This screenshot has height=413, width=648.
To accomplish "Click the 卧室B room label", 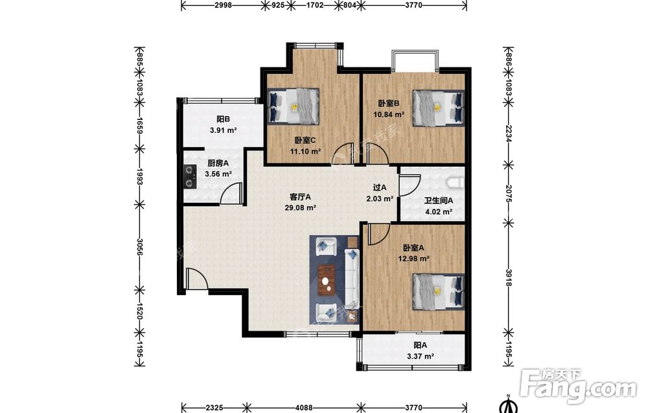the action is click(388, 103).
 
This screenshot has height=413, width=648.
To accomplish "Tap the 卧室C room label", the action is click(305, 141).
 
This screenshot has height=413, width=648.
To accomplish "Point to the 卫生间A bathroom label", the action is click(439, 201).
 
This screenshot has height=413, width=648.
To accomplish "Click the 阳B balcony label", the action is click(223, 119).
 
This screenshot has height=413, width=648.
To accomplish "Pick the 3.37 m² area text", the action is click(421, 356).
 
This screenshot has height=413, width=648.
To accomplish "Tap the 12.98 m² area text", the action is click(413, 259).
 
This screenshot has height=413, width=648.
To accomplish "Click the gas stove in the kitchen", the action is click(190, 176).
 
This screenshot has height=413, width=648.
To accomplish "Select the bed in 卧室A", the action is click(438, 292).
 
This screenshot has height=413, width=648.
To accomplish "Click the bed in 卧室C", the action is click(294, 106).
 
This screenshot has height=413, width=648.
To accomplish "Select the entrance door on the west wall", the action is click(196, 279).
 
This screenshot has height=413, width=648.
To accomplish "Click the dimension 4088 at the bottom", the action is click(304, 408).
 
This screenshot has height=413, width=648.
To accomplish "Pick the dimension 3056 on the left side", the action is click(140, 247).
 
